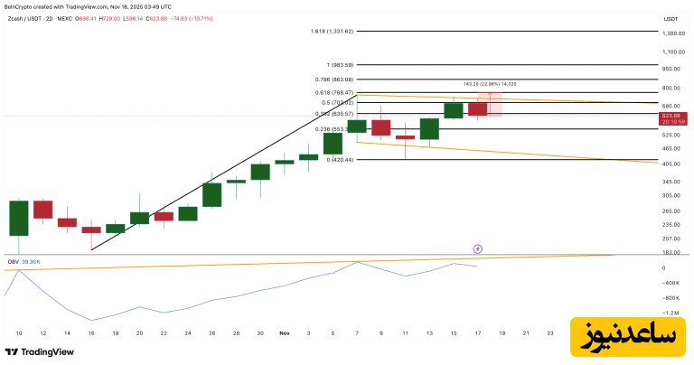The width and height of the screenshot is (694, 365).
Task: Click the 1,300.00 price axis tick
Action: pos(671,33)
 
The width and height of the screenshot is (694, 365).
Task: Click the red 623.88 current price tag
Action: pos(671,117)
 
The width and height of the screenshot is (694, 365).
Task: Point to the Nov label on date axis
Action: pos(285,333)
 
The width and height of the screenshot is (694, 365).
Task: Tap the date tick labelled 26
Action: pos(211,333)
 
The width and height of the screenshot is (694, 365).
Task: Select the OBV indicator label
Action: pos(13,261)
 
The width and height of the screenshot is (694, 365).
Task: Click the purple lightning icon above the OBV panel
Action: pos(478,248)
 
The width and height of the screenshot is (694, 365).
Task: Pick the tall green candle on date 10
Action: pos(19,218)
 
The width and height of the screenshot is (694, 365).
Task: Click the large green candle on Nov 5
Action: pos(333,142)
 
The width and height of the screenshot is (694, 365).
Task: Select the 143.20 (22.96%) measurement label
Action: pos(489,84)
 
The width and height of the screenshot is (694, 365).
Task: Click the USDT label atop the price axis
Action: pos(671,18)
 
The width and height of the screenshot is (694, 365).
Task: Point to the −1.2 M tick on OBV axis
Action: pos(671,314)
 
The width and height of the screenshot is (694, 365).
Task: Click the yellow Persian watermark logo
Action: pos(623,335)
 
